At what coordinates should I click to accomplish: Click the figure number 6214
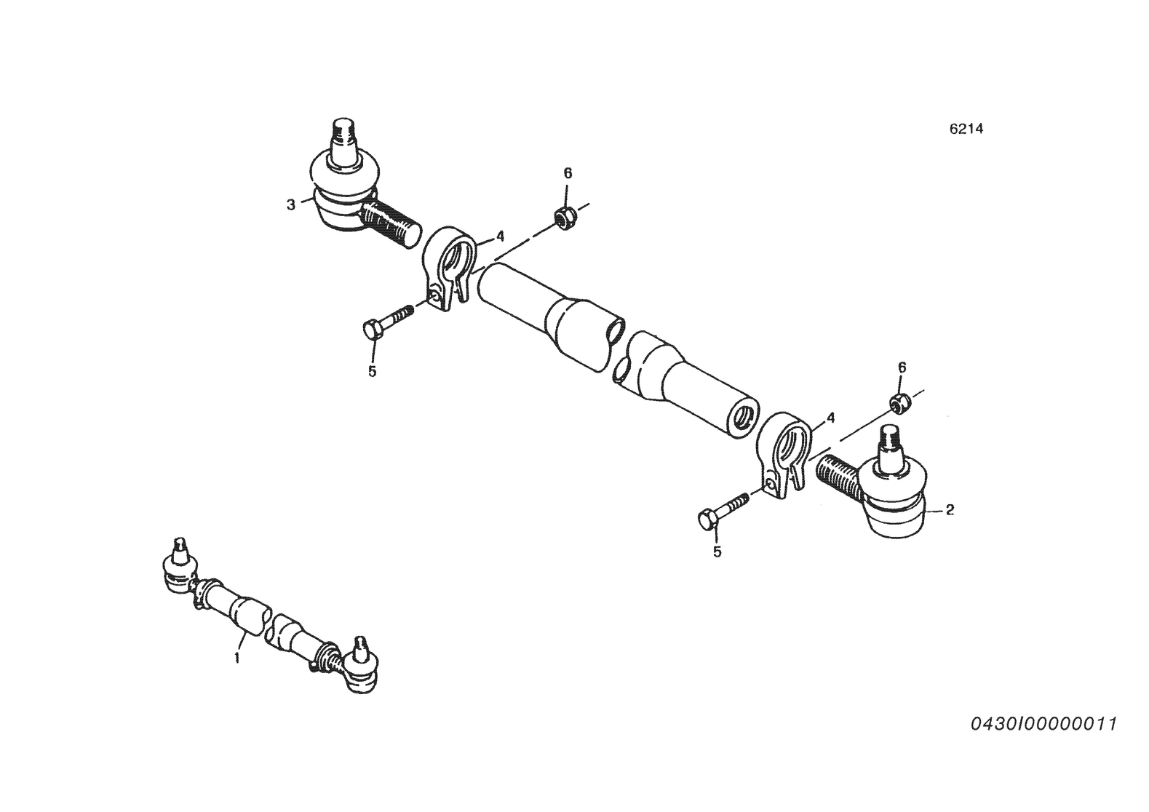pos(966,130)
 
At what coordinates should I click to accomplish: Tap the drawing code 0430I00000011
pos(1043,724)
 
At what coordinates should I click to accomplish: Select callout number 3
pos(291,205)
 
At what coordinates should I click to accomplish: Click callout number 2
pos(950,510)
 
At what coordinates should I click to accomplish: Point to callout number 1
pos(237,657)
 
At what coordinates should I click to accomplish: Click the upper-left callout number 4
pos(500,236)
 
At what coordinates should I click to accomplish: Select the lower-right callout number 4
pos(831,418)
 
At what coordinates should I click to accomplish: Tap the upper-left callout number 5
pos(373,371)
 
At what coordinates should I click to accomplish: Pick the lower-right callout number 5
pos(717,552)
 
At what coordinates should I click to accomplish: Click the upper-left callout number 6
pos(568,173)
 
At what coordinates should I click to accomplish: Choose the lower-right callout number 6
pos(902,367)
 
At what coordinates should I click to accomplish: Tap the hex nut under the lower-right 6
pos(899,402)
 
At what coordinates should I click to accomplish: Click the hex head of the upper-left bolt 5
pos(373,329)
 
